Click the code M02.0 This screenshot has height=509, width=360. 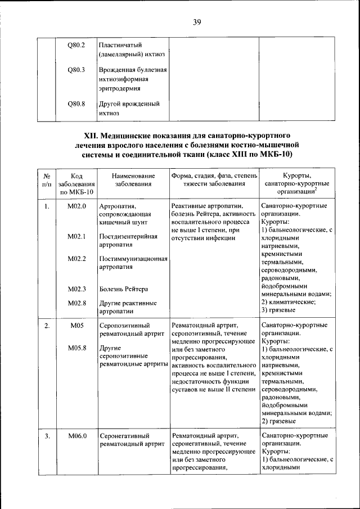76,206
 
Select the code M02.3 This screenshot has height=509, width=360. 76,289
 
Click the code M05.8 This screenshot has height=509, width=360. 76,348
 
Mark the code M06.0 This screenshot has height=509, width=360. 76,436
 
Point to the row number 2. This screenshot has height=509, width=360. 47,326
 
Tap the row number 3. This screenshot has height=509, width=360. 47,436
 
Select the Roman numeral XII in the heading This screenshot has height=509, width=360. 91,136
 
